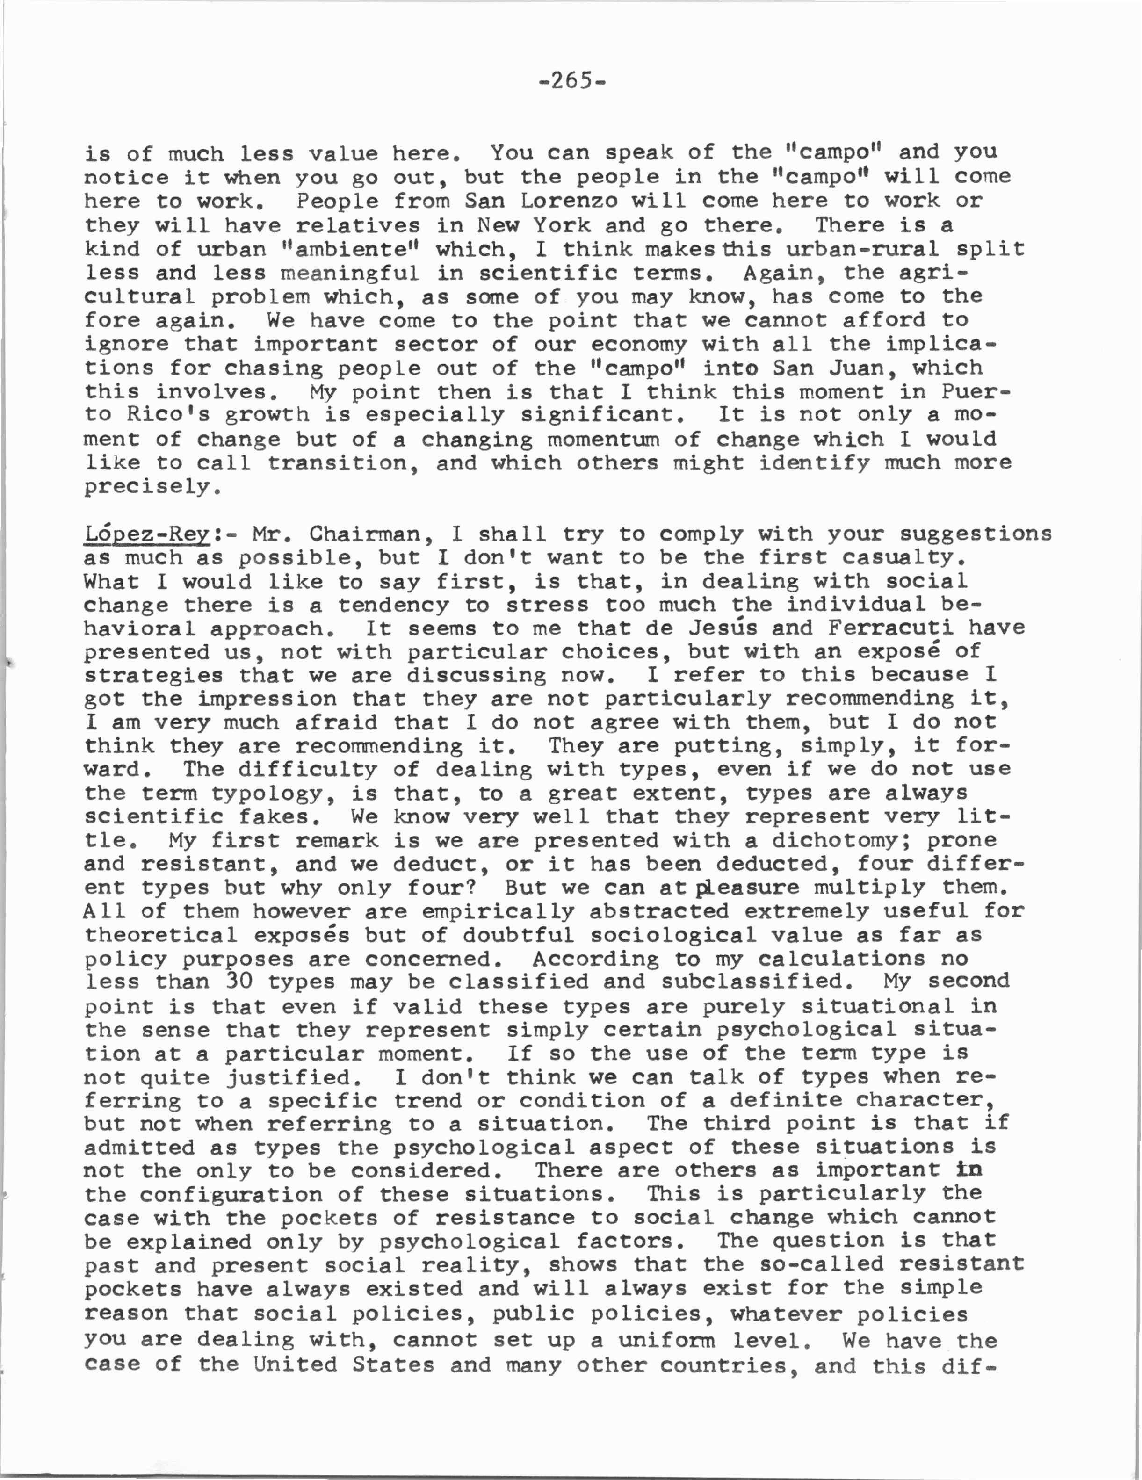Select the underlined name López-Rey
tap(148, 534)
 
